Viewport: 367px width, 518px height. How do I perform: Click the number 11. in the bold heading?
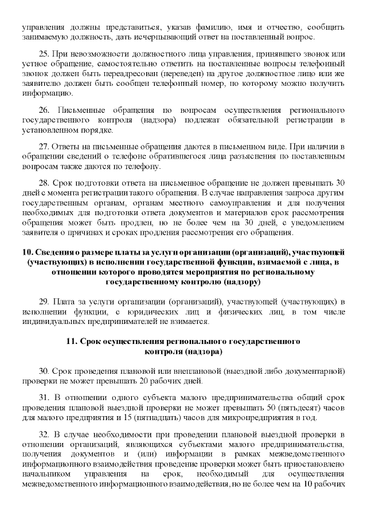pos(71,342)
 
